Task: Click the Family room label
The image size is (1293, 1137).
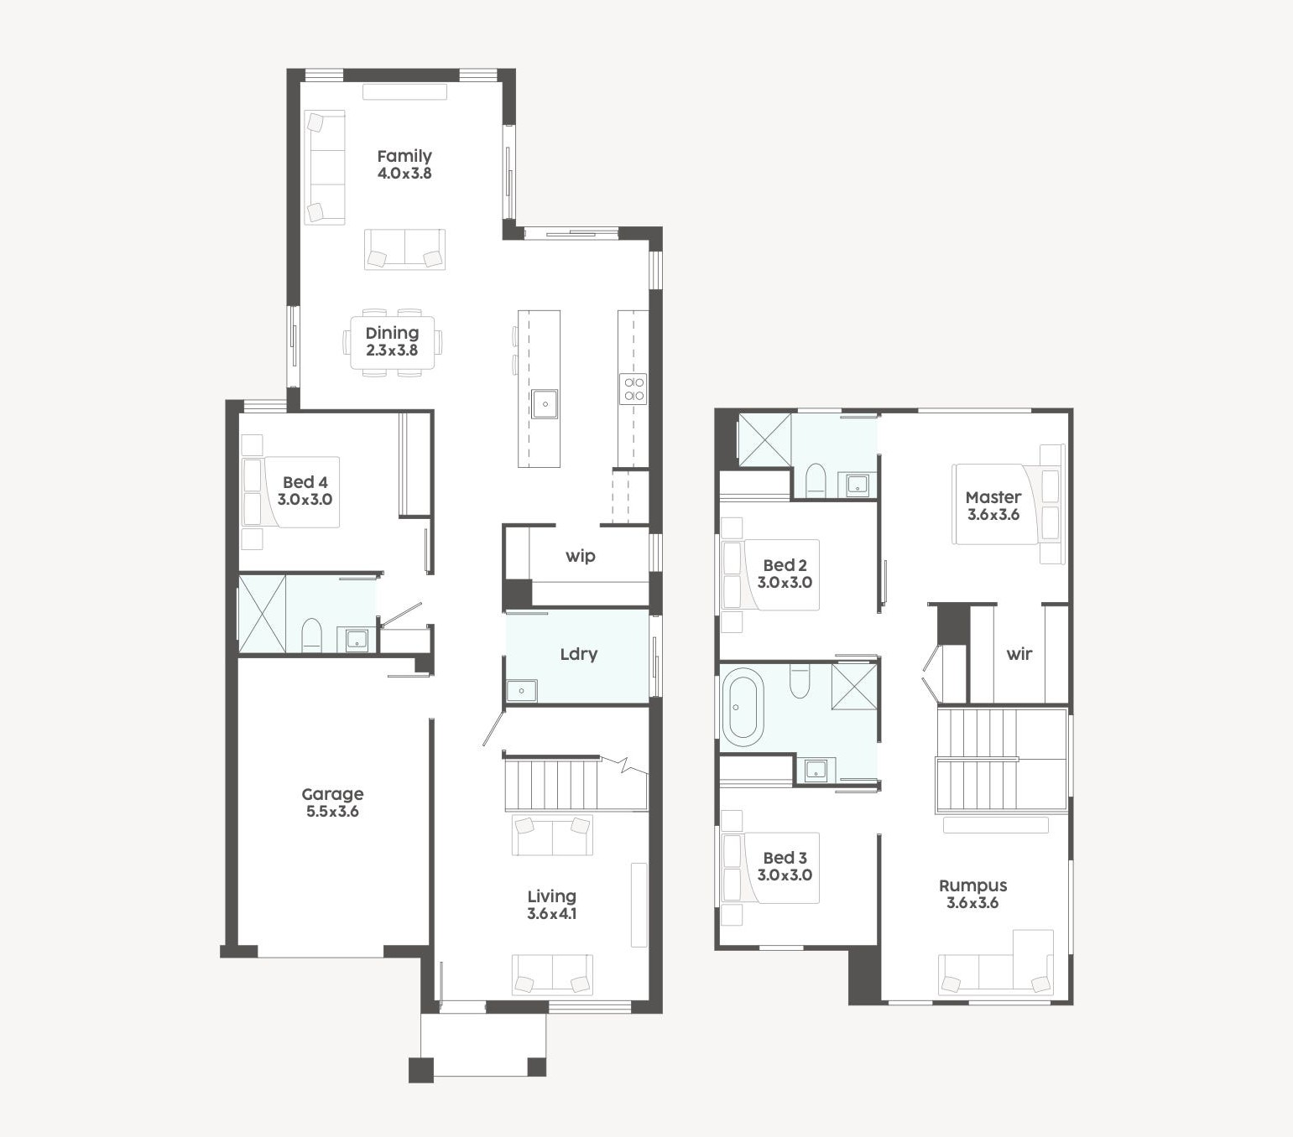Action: (x=404, y=156)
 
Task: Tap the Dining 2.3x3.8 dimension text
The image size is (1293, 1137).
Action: (x=392, y=350)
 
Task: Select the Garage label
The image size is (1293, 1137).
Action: (x=332, y=795)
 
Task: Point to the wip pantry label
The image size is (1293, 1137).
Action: (x=580, y=556)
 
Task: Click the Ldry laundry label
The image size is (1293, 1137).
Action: (x=579, y=654)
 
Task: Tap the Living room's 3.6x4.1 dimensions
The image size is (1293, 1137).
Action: (x=551, y=914)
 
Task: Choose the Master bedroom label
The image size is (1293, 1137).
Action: (x=993, y=497)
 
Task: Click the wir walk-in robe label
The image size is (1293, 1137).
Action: (x=1019, y=654)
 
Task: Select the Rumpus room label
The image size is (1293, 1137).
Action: (x=972, y=886)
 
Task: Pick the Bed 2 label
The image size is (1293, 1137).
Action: (x=785, y=565)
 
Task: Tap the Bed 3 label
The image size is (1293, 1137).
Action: (x=785, y=858)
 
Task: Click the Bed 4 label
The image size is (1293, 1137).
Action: (x=305, y=483)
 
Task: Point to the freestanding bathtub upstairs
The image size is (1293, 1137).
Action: (x=743, y=707)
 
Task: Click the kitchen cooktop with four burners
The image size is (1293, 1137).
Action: (x=633, y=389)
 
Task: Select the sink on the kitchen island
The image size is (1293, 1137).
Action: (x=545, y=404)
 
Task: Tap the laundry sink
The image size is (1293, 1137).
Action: (x=521, y=691)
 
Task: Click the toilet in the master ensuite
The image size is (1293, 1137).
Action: (x=815, y=480)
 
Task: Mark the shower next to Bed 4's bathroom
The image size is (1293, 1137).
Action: (x=262, y=614)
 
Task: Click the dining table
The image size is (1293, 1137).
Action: (x=392, y=342)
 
